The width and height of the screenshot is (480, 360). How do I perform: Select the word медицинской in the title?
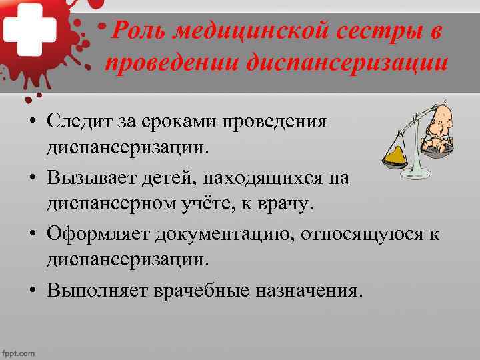click(x=239, y=30)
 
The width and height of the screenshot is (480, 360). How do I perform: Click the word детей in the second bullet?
click(x=153, y=179)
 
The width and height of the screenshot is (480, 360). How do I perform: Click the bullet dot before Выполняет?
click(x=31, y=291)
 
